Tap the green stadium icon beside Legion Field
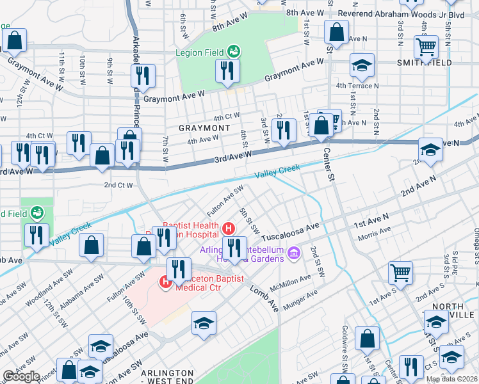click(x=234, y=50)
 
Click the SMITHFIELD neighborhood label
click(x=424, y=63)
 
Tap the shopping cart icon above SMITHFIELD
click(x=426, y=46)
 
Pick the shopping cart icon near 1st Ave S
click(x=401, y=273)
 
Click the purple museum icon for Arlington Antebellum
click(x=294, y=253)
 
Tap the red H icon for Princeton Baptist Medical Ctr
click(x=165, y=280)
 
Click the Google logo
click(x=21, y=376)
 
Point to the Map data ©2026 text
click(x=452, y=379)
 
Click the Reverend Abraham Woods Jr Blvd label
click(x=402, y=13)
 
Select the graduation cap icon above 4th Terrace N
click(x=362, y=65)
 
